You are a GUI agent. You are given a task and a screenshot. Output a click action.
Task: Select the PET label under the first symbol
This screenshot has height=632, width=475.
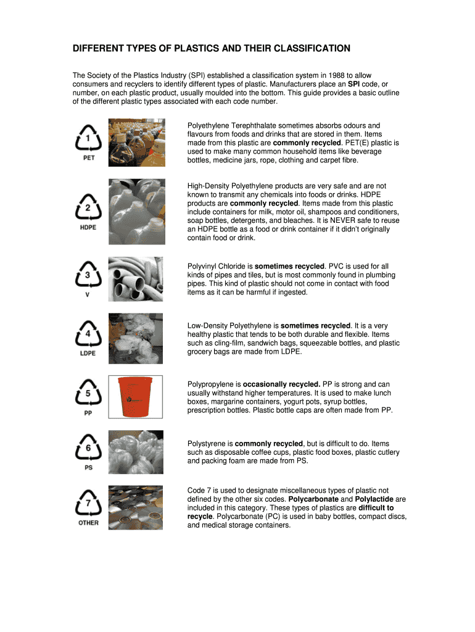pos(88,157)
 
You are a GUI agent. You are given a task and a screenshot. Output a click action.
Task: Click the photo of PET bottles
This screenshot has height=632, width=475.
pos(136,143)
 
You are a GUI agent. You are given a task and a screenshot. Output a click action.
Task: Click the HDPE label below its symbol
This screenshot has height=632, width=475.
pos(88,227)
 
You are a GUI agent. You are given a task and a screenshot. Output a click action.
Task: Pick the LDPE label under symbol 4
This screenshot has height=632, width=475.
pos(88,354)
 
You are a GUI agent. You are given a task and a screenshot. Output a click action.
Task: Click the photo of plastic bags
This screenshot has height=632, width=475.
pos(136,338)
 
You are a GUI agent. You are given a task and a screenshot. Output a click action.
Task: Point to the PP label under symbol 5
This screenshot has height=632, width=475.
pos(88,413)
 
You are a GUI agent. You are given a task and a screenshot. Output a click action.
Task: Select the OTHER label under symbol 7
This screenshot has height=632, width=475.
pos(88,523)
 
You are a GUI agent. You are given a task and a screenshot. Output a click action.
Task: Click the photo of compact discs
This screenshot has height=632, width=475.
pos(136,507)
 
